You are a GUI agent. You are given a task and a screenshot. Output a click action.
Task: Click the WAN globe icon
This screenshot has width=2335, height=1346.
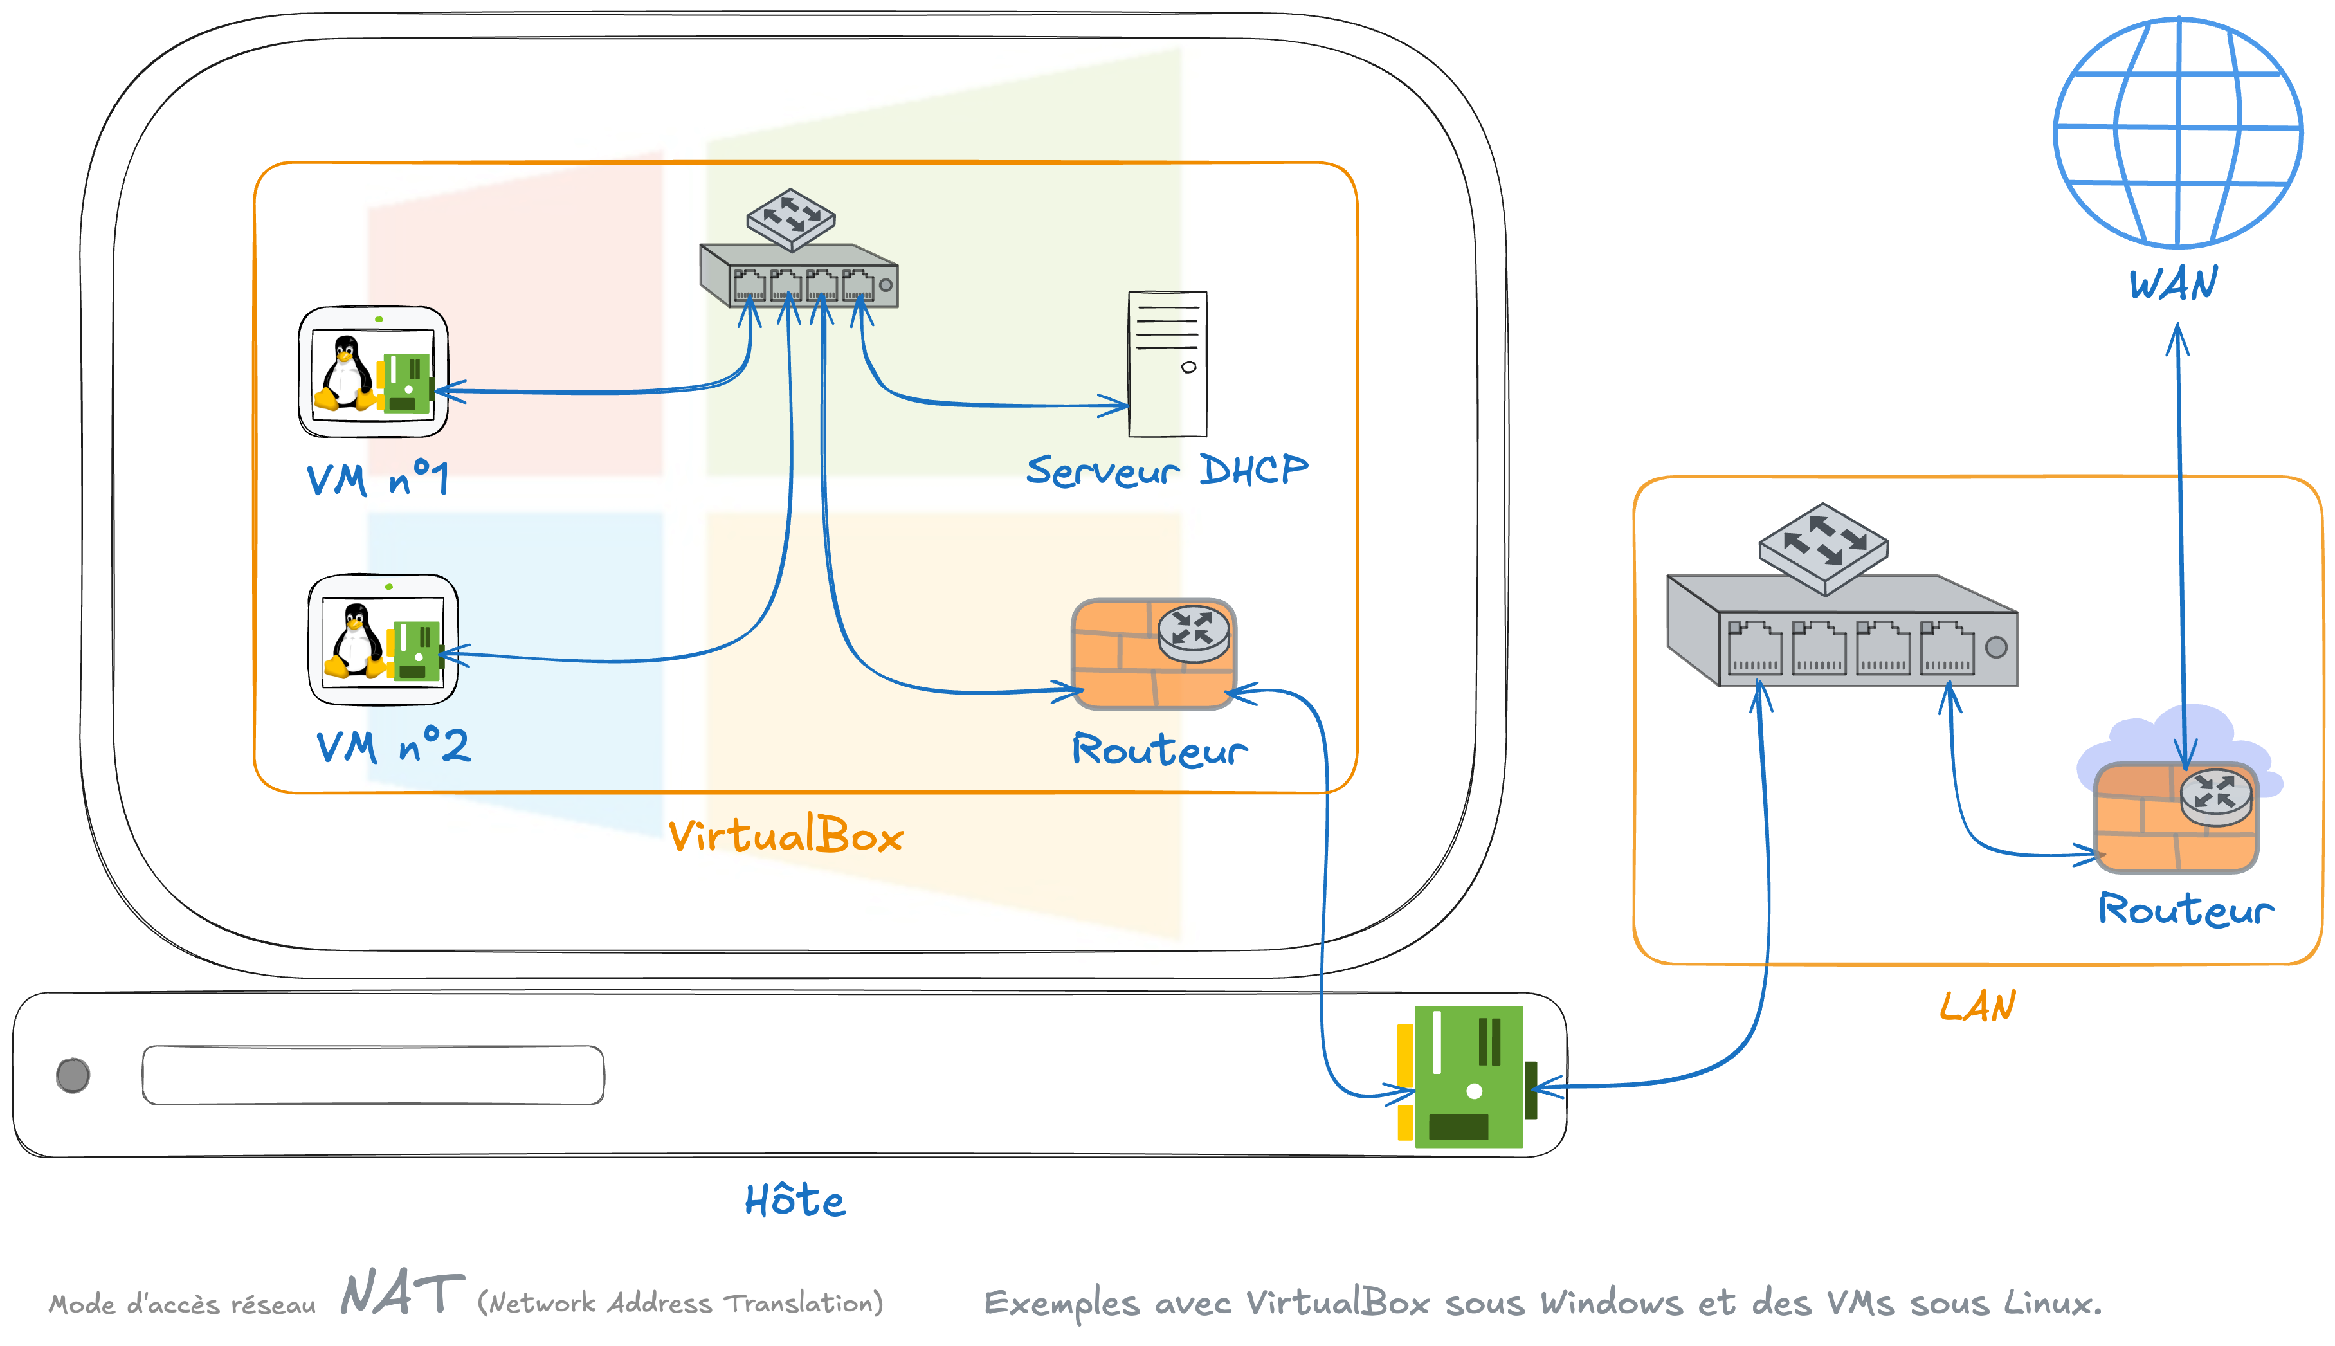coord(2178,132)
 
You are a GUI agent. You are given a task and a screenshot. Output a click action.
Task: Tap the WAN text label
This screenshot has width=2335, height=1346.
coord(2173,283)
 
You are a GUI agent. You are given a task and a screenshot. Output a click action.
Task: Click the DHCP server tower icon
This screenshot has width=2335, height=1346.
coord(1168,363)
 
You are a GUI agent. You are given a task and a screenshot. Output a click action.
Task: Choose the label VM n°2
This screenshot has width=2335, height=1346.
coord(393,745)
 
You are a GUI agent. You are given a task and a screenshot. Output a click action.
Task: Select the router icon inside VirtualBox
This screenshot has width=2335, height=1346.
coord(1154,653)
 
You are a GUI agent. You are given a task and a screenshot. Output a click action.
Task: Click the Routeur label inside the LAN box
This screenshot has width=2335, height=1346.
coord(2185,909)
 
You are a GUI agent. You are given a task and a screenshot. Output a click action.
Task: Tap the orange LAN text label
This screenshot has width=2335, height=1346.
coord(1977,1006)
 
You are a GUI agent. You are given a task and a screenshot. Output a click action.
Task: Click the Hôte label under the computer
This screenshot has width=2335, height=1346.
coord(795,1201)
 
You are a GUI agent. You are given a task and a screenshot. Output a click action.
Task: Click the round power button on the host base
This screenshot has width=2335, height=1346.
coord(73,1075)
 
